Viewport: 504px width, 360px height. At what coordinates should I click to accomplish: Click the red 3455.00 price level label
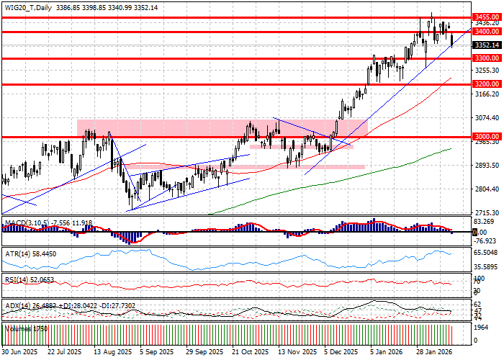(486, 15)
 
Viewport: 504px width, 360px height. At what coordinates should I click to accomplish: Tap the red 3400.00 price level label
(486, 32)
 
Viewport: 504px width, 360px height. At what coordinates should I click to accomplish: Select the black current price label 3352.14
(486, 45)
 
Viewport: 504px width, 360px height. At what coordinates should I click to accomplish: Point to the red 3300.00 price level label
(486, 58)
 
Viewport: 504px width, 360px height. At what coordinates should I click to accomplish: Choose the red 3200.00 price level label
(486, 84)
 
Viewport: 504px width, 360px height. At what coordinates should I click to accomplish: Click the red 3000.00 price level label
(486, 136)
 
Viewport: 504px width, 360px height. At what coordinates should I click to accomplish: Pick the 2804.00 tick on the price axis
(486, 189)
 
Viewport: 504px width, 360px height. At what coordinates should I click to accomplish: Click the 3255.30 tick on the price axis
(486, 70)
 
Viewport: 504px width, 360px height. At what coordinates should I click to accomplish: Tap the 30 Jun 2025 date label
(19, 353)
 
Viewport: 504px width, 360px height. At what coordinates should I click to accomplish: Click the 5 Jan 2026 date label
(386, 353)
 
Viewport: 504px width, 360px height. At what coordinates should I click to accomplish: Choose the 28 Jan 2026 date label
(432, 353)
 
